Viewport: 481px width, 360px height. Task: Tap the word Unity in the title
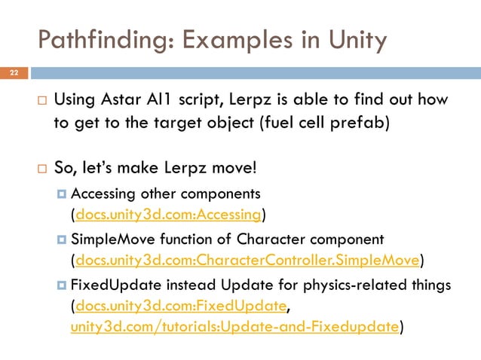pos(358,38)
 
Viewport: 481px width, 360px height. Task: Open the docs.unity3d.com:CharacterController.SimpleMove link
pos(247,261)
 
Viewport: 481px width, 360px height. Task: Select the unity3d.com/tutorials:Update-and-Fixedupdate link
pos(234,326)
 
